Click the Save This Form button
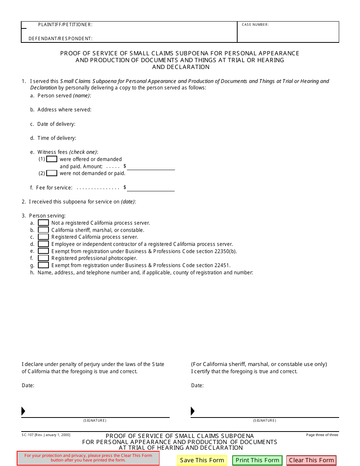pyautogui.click(x=202, y=460)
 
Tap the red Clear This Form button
pyautogui.click(x=311, y=460)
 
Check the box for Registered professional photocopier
pyautogui.click(x=43, y=258)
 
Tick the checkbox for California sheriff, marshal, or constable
pyautogui.click(x=43, y=230)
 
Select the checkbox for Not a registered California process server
pyautogui.click(x=43, y=223)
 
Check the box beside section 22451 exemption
pyautogui.click(x=43, y=265)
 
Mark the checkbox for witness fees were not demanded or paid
pyautogui.click(x=52, y=173)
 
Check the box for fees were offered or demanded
pyautogui.click(x=52, y=159)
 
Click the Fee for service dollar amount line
pyautogui.click(x=151, y=188)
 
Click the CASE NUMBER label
pyautogui.click(x=255, y=25)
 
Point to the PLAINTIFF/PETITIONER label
pyautogui.click(x=65, y=25)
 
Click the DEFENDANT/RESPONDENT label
pyautogui.click(x=61, y=39)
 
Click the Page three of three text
pyautogui.click(x=322, y=435)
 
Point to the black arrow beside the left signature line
pyautogui.click(x=23, y=411)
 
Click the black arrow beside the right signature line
pyautogui.click(x=193, y=411)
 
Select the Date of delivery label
pyautogui.click(x=56, y=124)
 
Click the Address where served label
pyautogui.click(x=64, y=110)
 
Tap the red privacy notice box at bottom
pyautogui.click(x=88, y=458)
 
